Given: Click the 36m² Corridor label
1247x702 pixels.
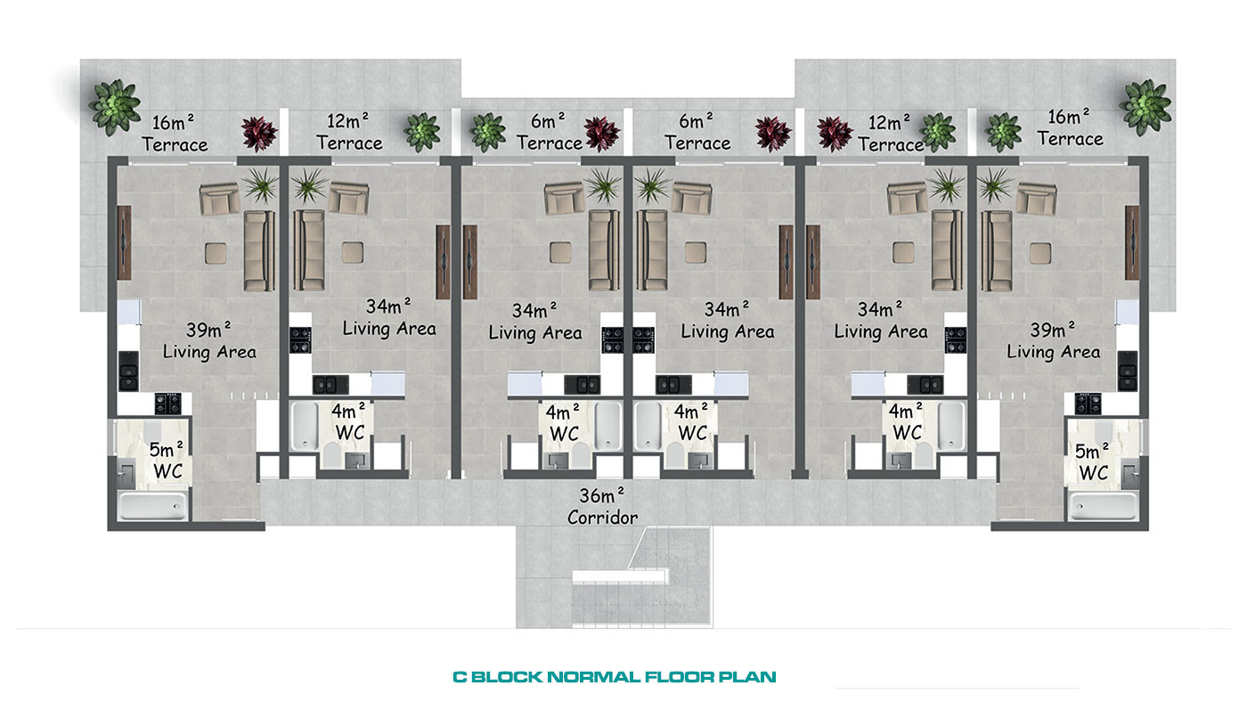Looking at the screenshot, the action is coord(602,507).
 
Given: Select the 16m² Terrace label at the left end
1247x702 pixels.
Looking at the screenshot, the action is coord(175,134).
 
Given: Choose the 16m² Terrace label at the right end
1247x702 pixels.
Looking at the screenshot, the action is coord(1070,128).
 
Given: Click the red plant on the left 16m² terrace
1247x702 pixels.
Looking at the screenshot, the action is coord(259,134).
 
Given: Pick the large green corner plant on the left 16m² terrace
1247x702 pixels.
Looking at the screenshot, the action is coord(115,108).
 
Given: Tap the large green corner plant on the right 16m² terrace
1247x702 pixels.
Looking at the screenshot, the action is coord(1145,108).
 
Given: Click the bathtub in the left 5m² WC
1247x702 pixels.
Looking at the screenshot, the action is coord(152,506).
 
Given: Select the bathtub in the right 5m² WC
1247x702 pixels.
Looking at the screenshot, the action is coord(1103,506).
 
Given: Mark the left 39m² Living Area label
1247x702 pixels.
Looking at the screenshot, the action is coord(209,340).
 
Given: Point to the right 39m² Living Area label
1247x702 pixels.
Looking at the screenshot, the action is coord(1053,340).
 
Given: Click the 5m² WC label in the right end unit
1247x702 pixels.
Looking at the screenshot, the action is coord(1093,461).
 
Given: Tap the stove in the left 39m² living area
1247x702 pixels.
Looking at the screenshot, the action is coord(168,404).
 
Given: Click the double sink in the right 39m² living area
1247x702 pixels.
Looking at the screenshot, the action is coord(1128,371).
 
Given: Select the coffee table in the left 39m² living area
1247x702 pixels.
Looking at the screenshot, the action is coord(216,253).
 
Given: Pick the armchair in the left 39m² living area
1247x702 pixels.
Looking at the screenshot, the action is coord(220,200).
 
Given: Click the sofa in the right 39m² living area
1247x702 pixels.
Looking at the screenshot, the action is coord(997,250).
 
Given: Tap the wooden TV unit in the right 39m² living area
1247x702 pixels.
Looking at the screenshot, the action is coord(1132,242).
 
